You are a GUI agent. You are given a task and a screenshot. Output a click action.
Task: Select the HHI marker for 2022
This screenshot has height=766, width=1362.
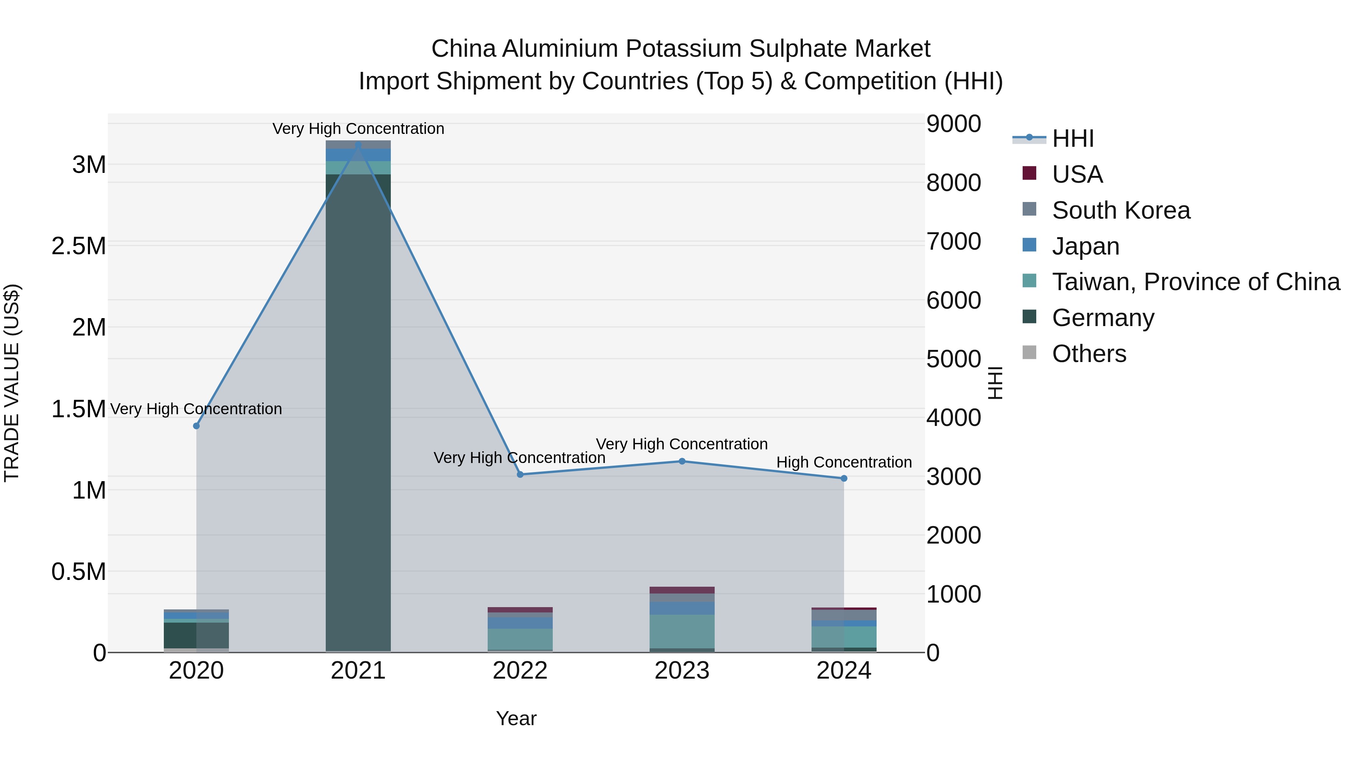click(x=520, y=474)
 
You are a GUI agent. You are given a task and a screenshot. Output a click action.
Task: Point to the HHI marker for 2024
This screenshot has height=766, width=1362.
click(x=844, y=478)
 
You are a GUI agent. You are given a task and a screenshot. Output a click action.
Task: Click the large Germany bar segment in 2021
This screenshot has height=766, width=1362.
click(x=358, y=412)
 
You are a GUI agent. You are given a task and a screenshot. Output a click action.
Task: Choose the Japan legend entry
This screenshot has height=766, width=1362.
click(x=1085, y=246)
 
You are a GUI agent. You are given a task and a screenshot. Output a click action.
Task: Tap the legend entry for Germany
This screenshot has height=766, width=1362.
click(x=1102, y=317)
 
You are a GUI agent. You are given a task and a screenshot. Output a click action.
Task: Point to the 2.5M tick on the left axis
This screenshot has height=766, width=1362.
click(x=79, y=246)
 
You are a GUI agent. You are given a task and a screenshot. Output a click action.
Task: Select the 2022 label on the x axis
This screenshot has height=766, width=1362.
click(x=520, y=670)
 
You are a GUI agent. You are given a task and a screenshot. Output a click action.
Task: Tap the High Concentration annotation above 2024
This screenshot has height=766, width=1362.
click(x=844, y=462)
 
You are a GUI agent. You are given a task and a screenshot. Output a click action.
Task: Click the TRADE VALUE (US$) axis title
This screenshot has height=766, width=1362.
click(x=12, y=383)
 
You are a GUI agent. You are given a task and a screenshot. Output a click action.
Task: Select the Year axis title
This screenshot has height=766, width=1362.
click(x=516, y=718)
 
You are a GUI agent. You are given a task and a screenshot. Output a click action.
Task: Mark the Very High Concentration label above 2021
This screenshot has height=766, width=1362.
click(x=358, y=129)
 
